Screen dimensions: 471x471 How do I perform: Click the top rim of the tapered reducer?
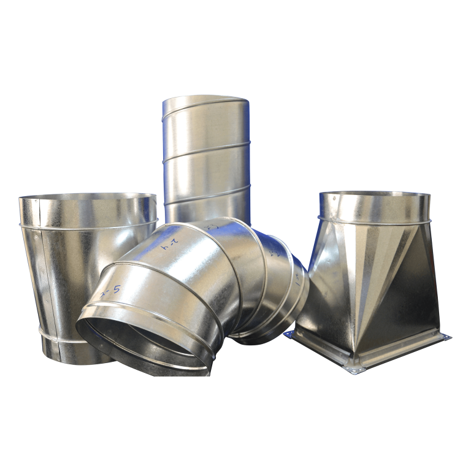(x=87, y=197)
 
